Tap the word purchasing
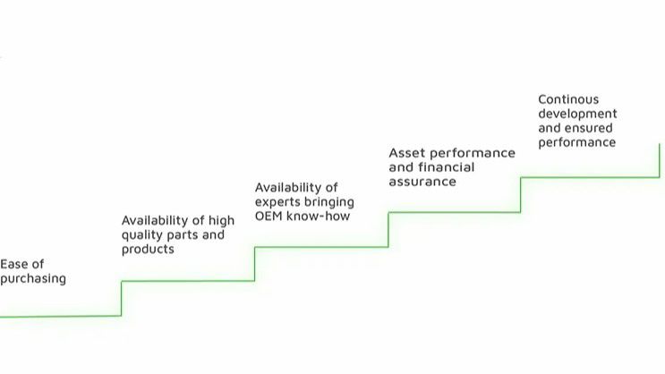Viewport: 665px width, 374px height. (x=33, y=279)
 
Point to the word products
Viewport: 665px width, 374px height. (x=148, y=250)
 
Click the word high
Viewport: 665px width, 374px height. (x=221, y=220)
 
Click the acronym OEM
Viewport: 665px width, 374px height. (x=269, y=217)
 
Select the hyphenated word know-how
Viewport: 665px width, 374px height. (x=319, y=217)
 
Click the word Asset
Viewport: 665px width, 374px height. (x=405, y=153)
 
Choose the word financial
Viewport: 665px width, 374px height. (x=447, y=167)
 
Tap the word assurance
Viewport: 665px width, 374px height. (x=422, y=182)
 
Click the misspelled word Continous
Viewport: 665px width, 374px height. (x=568, y=99)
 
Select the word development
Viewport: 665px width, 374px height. (x=577, y=114)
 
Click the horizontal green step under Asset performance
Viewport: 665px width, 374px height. (x=454, y=212)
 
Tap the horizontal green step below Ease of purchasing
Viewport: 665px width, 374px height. (x=61, y=317)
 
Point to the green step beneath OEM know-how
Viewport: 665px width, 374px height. (x=321, y=247)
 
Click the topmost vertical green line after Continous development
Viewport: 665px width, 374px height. (x=660, y=161)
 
